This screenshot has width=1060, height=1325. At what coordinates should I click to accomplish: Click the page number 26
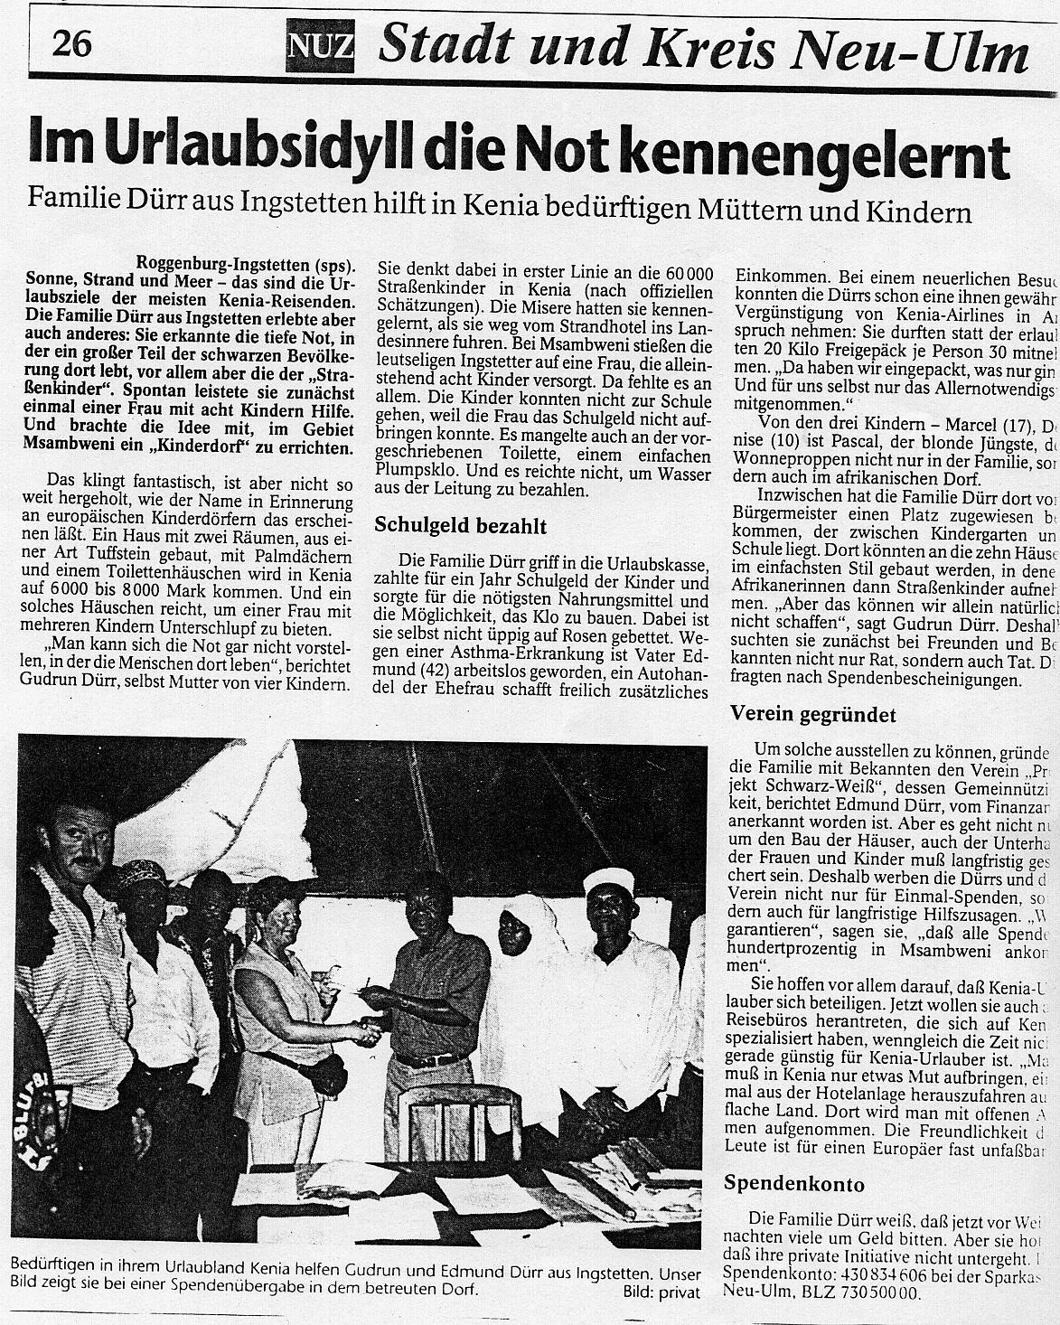click(x=71, y=42)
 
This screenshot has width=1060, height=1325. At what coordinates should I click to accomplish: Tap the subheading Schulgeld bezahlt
click(x=461, y=525)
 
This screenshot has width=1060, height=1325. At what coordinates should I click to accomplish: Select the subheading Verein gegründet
click(x=812, y=715)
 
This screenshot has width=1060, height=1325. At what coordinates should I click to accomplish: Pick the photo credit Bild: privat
click(x=661, y=1293)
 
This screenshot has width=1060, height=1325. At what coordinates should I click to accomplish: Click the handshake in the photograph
click(x=368, y=1030)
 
